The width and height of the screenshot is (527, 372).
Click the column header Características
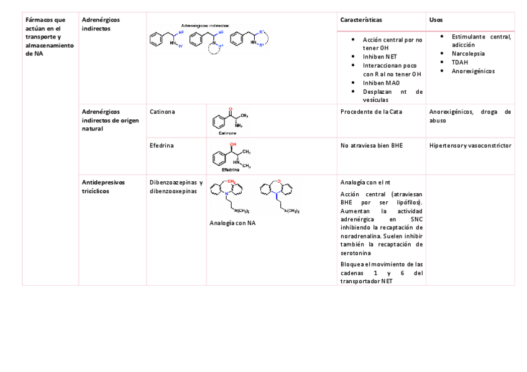360,20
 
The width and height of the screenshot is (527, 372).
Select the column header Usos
436,20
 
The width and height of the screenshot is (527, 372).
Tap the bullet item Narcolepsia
468,53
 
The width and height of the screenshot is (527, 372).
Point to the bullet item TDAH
459,62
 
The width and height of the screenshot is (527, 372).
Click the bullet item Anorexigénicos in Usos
473,71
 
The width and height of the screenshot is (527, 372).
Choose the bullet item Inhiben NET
380,56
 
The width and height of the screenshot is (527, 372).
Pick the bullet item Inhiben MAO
381,83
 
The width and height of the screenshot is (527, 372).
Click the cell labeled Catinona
162,112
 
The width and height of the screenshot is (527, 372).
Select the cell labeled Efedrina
162,145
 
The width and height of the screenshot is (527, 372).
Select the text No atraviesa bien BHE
372,145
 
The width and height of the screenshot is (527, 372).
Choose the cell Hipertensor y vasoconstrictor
470,145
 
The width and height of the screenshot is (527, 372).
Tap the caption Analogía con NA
233,222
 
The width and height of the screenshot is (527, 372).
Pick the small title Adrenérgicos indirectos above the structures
205,25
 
